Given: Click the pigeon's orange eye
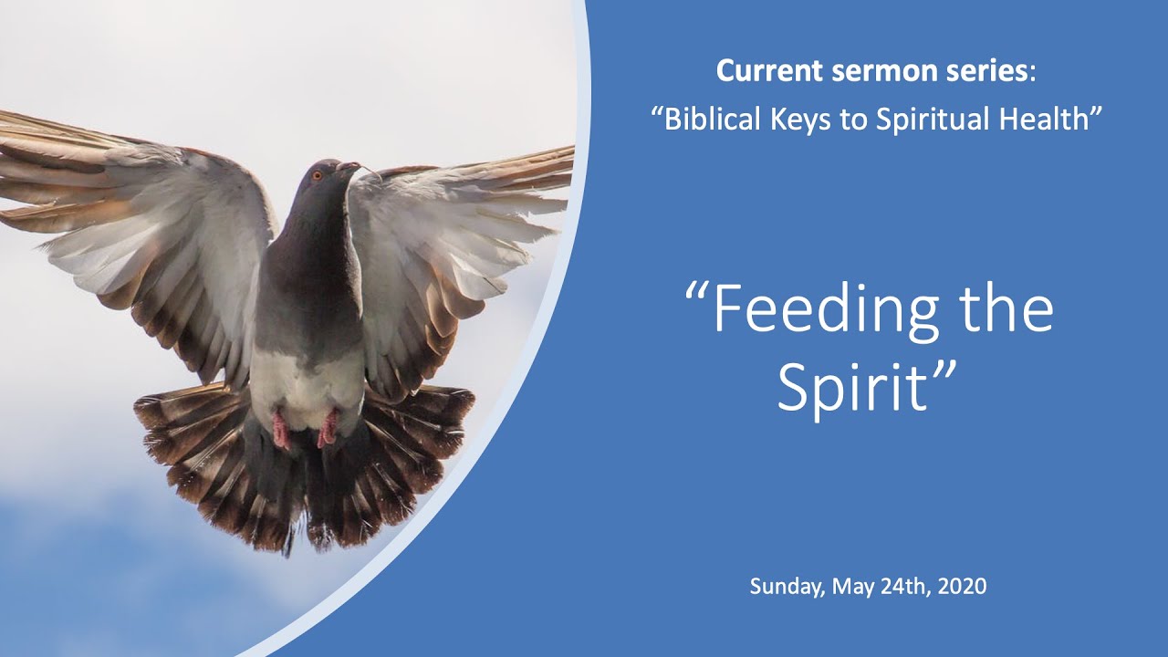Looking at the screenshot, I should pos(318,175).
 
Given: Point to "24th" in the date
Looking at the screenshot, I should pos(902,587).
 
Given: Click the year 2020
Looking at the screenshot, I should pos(963,587).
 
